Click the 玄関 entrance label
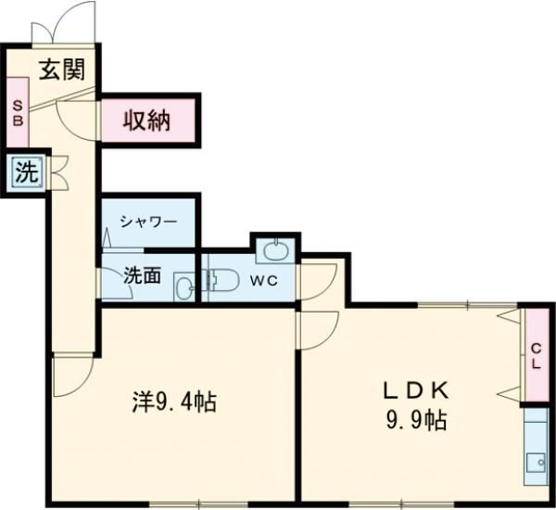(x=62, y=69)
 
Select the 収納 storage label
(x=147, y=120)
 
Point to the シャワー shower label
(x=148, y=222)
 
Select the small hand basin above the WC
(x=275, y=249)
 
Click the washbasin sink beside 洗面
(x=183, y=286)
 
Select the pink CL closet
(x=537, y=355)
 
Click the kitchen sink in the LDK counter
(x=536, y=461)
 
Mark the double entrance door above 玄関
(x=63, y=23)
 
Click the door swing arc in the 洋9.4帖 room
(x=72, y=376)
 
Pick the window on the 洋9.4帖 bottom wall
(x=210, y=504)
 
